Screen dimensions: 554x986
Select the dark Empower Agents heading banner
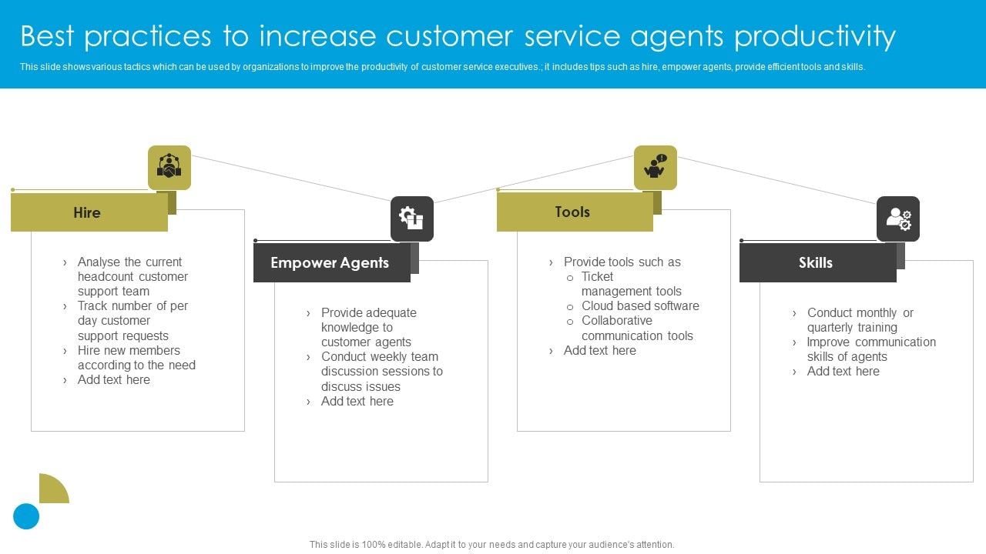pyautogui.click(x=331, y=263)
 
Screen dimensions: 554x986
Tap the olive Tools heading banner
pyautogui.click(x=574, y=212)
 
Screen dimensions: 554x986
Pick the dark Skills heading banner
pyautogui.click(x=817, y=263)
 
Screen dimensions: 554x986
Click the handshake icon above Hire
pyautogui.click(x=169, y=167)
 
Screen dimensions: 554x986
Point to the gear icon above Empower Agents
pyautogui.click(x=412, y=219)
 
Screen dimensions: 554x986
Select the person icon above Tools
pyautogui.click(x=656, y=167)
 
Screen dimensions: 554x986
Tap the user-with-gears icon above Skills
pyautogui.click(x=898, y=219)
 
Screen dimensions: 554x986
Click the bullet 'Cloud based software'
pyautogui.click(x=640, y=306)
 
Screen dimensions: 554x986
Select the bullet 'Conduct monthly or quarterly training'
pyautogui.click(x=860, y=320)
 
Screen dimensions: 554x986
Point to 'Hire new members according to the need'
pyautogui.click(x=136, y=358)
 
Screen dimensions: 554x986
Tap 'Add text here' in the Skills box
pyautogui.click(x=843, y=372)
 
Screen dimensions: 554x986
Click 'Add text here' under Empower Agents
pyautogui.click(x=357, y=402)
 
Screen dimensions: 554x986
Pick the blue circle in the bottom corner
pyautogui.click(x=26, y=516)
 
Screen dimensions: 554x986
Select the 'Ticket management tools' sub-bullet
pyautogui.click(x=631, y=284)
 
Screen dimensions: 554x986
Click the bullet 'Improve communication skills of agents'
pyautogui.click(x=870, y=349)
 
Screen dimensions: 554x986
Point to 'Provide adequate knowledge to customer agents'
pyautogui.click(x=368, y=328)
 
